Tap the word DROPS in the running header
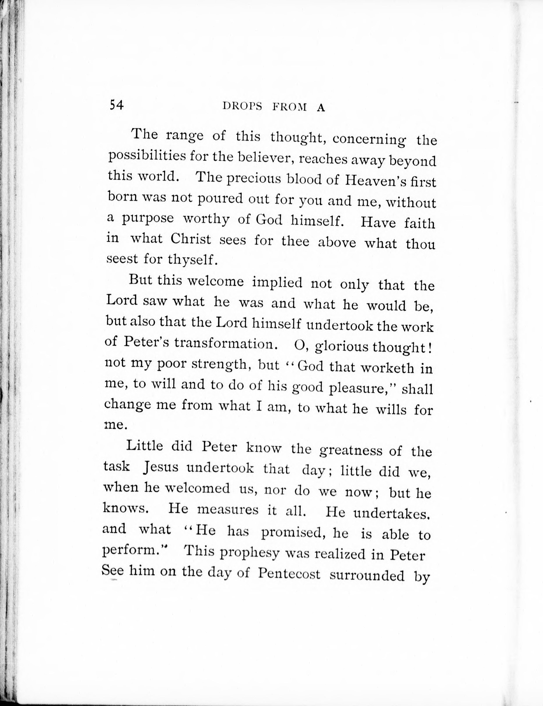coord(242,107)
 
